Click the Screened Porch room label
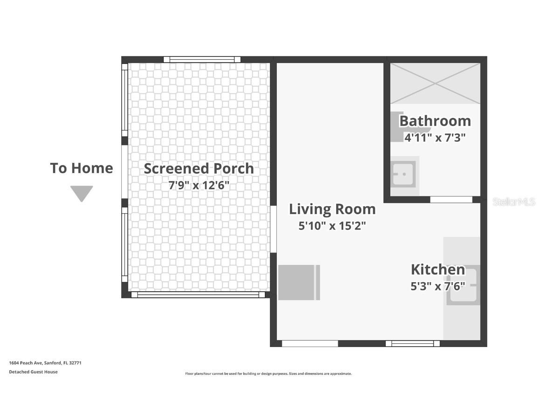tap(199, 168)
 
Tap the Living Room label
tap(332, 209)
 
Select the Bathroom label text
tap(435, 121)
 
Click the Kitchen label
tap(438, 269)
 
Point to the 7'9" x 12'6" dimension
tap(199, 185)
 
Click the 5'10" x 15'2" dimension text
tap(332, 226)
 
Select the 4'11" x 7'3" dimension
tap(435, 138)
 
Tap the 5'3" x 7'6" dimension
tap(438, 286)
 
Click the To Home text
tap(82, 168)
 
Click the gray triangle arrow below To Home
tap(82, 193)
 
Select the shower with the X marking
tap(435, 83)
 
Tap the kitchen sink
tap(463, 285)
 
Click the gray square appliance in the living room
tap(299, 282)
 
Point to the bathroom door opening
tap(451, 200)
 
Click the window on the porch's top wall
tap(202, 60)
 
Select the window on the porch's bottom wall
tap(198, 295)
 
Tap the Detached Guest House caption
tap(33, 372)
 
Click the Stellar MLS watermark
tap(514, 202)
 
